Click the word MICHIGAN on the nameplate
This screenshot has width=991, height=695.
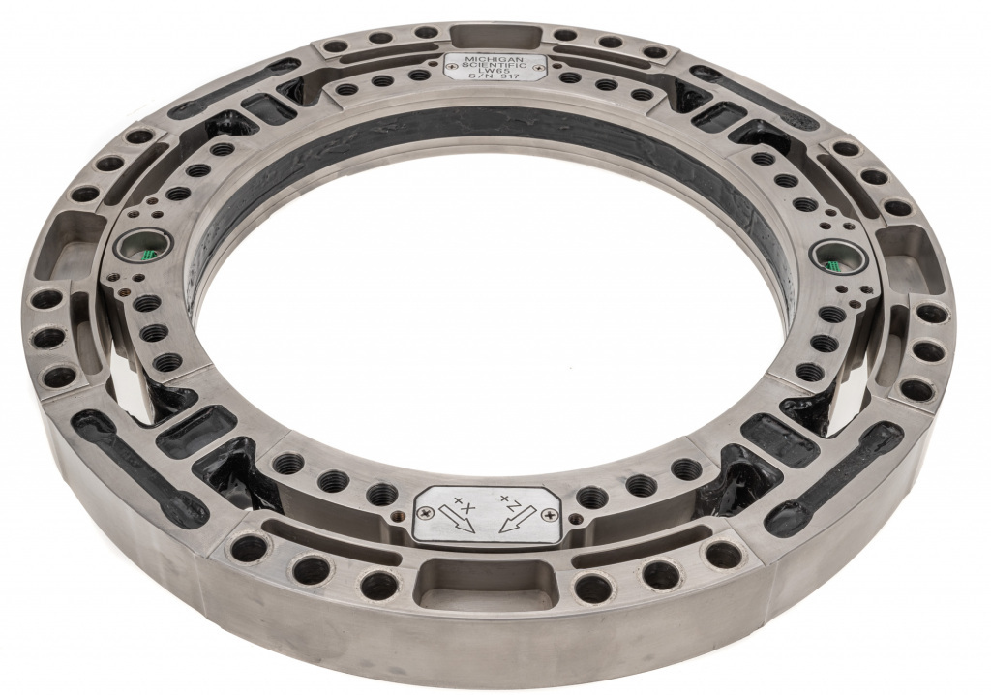496,59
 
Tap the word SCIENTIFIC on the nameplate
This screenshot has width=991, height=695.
496,65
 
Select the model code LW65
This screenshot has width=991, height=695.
496,72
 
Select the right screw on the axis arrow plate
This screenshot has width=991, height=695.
548,515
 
